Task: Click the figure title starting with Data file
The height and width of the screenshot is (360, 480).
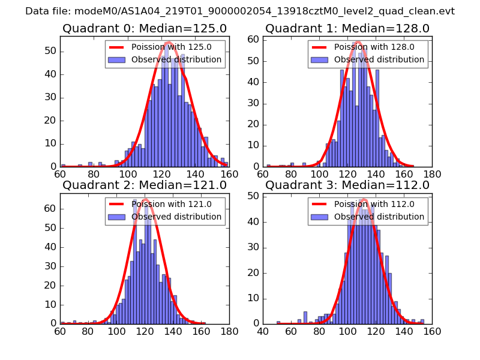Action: point(240,11)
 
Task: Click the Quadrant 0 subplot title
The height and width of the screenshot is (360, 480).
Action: point(144,28)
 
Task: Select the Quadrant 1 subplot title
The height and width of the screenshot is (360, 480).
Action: point(347,28)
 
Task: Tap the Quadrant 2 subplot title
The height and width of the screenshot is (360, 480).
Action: point(144,185)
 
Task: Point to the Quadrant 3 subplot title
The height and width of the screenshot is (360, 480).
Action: point(347,185)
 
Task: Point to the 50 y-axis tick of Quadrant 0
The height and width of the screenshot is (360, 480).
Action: point(52,51)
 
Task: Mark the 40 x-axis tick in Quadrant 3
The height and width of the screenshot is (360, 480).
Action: point(263,331)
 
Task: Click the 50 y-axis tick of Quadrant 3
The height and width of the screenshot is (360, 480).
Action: point(254,196)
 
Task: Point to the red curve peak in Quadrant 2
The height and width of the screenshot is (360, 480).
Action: point(145,199)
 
